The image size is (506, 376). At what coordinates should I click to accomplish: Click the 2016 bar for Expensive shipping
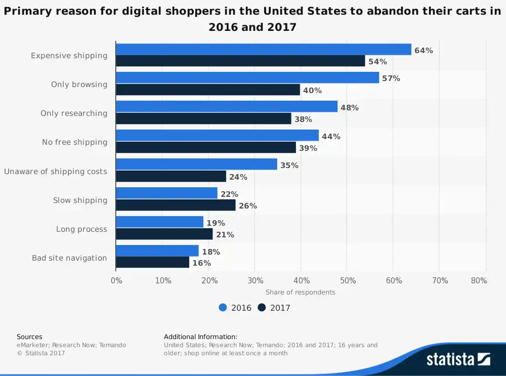click(263, 49)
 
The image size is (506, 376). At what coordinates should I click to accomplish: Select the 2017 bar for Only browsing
click(208, 90)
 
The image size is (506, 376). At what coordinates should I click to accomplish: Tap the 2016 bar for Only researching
click(227, 107)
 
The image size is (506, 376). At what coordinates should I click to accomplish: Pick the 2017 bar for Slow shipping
click(176, 205)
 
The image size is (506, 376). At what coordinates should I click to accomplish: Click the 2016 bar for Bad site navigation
click(157, 251)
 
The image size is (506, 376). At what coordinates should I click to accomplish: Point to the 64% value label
click(424, 50)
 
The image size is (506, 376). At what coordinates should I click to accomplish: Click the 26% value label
click(248, 206)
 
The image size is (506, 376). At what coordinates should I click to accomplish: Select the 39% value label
click(308, 148)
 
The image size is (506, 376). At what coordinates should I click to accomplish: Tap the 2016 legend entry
click(235, 308)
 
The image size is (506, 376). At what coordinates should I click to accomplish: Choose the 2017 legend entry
click(274, 308)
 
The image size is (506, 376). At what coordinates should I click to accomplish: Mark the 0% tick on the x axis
click(116, 281)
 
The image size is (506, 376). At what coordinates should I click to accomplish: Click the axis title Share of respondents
click(301, 292)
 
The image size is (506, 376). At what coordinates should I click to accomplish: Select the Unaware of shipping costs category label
click(56, 172)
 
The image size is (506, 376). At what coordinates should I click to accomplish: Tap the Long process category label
click(81, 229)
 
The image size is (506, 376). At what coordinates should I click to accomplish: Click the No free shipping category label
click(74, 142)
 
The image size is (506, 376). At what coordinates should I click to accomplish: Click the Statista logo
click(458, 359)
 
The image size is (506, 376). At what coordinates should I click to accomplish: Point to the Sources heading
click(29, 337)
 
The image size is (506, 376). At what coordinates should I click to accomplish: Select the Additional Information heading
click(200, 337)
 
